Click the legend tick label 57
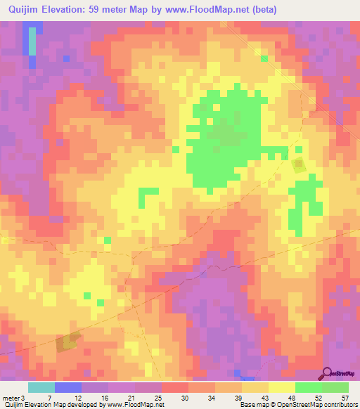(345, 397)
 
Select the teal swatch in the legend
(41, 387)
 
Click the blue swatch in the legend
(68, 387)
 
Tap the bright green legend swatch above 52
(309, 387)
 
